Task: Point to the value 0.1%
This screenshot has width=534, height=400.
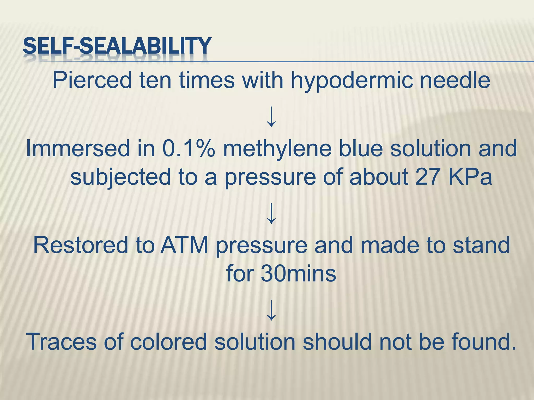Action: tap(189, 148)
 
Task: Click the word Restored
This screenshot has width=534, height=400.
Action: tap(81, 245)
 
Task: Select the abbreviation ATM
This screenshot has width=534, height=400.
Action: tap(184, 245)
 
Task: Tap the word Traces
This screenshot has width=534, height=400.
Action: tap(62, 342)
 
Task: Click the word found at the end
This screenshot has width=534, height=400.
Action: tap(484, 342)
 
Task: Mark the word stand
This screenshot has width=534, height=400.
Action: tap(481, 245)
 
